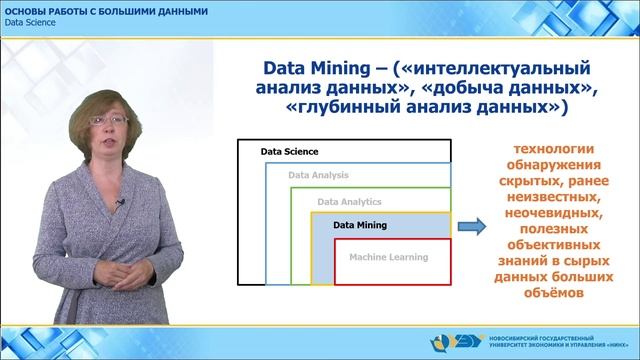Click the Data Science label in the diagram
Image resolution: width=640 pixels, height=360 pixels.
(x=289, y=152)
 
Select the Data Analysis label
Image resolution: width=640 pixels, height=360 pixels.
(x=318, y=176)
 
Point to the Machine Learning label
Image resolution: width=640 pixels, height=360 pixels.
(x=388, y=257)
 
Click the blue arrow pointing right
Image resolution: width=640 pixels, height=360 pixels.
(x=472, y=227)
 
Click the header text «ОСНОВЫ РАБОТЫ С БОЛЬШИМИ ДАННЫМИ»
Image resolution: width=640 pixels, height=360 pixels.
(x=107, y=10)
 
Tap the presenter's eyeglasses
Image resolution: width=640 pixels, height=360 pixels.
(x=109, y=121)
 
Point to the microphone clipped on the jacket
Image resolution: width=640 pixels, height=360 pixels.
(x=120, y=203)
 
